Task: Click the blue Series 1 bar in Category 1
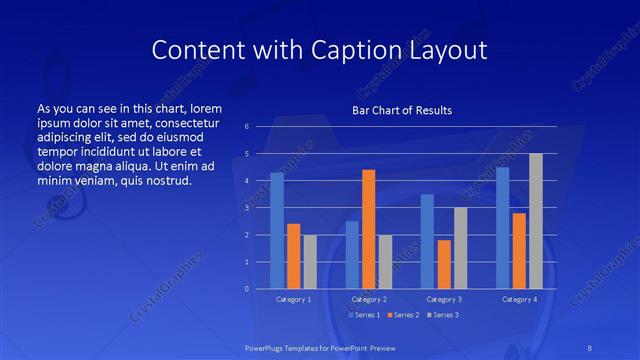pyautogui.click(x=277, y=231)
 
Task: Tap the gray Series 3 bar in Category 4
pyautogui.click(x=535, y=221)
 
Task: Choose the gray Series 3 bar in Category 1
pyautogui.click(x=310, y=262)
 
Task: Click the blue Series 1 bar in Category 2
pyautogui.click(x=352, y=255)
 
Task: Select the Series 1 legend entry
pyautogui.click(x=365, y=315)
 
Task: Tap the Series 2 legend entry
pyautogui.click(x=402, y=315)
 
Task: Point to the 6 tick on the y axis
pyautogui.click(x=247, y=127)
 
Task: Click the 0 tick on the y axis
pyautogui.click(x=247, y=289)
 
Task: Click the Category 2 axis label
pyautogui.click(x=368, y=299)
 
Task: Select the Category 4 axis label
pyautogui.click(x=518, y=299)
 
